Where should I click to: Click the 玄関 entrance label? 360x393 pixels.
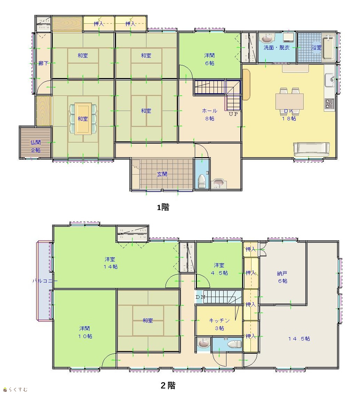[162, 174]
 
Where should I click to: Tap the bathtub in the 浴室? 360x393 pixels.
[328, 48]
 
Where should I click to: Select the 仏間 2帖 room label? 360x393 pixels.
[35, 146]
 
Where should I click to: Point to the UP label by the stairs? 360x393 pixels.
[233, 114]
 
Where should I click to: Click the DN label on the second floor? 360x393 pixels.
[200, 297]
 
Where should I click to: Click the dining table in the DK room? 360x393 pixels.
[289, 101]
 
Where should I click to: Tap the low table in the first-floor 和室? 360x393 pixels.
[83, 119]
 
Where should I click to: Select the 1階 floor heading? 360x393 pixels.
[163, 207]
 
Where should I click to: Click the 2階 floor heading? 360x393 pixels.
[168, 385]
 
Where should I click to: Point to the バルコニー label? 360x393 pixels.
[45, 281]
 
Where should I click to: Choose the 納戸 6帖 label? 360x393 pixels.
[282, 277]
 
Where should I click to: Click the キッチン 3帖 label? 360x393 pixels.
[219, 324]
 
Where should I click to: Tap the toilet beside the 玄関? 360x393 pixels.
[202, 181]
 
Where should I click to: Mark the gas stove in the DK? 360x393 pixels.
[330, 104]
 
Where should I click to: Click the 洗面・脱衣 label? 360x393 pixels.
[277, 47]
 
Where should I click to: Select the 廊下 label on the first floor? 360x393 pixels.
[43, 63]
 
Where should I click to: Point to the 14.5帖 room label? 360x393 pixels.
[299, 339]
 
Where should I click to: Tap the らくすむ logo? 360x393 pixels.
[15, 389]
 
